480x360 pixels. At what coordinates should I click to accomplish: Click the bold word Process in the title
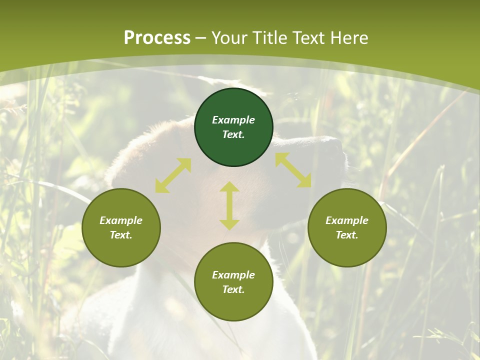(x=157, y=38)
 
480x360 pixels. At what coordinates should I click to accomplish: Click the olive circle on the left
(x=121, y=250)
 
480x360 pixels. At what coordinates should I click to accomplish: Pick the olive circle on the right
(x=347, y=250)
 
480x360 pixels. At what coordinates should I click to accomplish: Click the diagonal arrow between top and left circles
(x=173, y=175)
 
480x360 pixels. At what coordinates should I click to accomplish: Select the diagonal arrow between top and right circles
(x=293, y=170)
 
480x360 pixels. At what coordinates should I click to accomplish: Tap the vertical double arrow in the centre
(x=229, y=205)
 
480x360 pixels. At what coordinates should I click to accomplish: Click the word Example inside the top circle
(x=233, y=120)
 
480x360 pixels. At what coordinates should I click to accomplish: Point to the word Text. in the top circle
(x=233, y=134)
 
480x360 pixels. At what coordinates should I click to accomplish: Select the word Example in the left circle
(x=121, y=220)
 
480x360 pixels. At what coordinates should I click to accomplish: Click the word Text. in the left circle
(x=121, y=235)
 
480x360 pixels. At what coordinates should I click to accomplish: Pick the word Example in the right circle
(x=347, y=220)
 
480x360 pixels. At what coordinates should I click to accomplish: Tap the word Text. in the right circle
(x=347, y=235)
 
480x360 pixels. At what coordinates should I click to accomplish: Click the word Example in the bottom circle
(x=233, y=275)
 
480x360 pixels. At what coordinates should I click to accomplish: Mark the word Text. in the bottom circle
(x=233, y=289)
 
